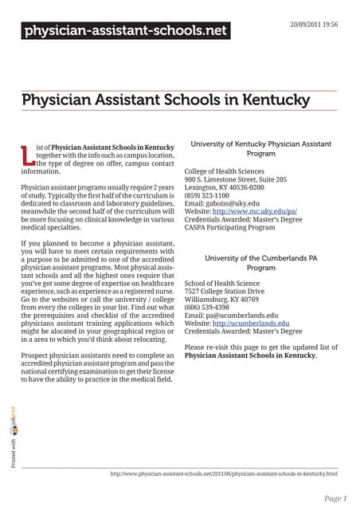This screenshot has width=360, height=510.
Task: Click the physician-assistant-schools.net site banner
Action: pos(124,32)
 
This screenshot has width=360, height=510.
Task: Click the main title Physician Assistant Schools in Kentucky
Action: pos(166,100)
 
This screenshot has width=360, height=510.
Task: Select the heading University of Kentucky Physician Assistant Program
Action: pos(261,148)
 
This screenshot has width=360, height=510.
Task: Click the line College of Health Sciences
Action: pos(225,171)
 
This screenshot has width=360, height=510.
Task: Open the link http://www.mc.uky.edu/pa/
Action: pos(254,212)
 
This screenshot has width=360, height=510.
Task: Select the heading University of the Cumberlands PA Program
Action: pos(261,263)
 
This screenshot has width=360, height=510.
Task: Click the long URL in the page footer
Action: pos(224,473)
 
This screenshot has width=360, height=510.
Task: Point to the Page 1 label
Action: pos(335,498)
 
